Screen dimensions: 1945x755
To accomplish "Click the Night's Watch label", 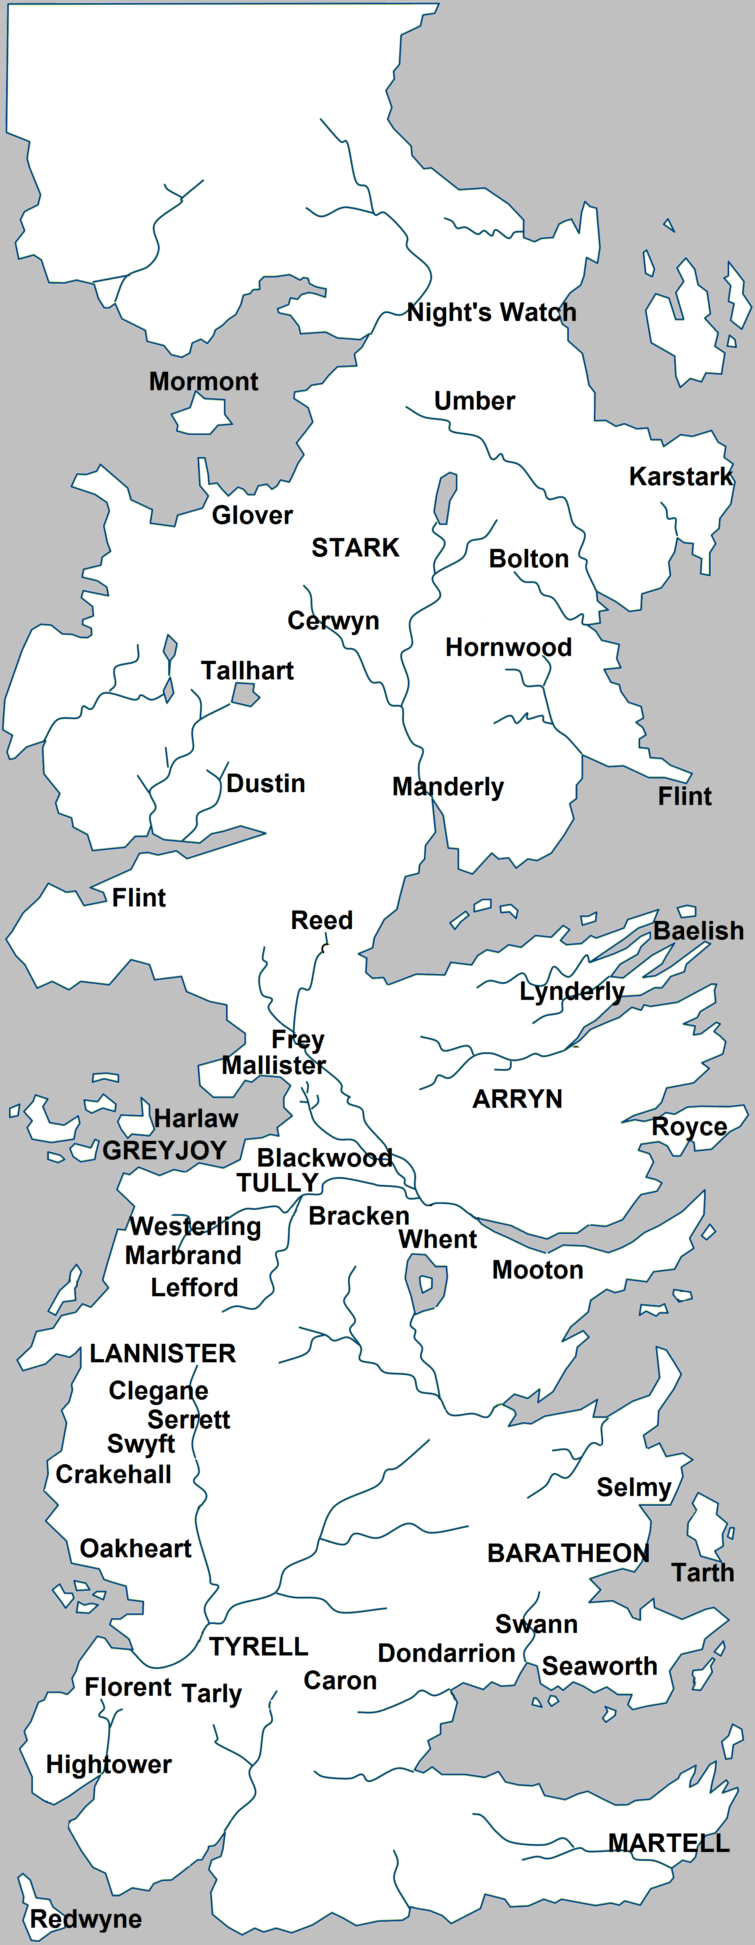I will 492,312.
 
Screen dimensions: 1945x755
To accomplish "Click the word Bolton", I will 528,559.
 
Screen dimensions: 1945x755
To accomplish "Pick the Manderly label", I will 448,787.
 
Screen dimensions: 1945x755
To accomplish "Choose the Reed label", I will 322,921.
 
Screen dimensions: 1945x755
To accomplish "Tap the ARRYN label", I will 517,1099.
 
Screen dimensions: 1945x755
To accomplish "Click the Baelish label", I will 698,931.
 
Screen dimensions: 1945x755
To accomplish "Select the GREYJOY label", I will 165,1151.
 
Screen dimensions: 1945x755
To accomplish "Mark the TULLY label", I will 277,1183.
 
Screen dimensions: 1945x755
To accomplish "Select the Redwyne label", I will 85,1918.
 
